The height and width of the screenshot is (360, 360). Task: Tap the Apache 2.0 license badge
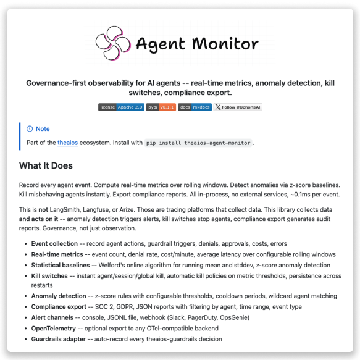[121, 107]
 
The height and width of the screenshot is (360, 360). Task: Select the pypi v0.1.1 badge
[161, 107]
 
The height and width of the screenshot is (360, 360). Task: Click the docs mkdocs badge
[195, 107]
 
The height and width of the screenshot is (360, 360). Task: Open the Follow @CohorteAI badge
[238, 107]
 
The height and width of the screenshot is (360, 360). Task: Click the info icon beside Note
[30, 129]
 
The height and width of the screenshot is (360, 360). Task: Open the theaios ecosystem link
[67, 143]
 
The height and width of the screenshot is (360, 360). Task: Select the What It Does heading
[46, 165]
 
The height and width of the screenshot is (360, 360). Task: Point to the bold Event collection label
[54, 244]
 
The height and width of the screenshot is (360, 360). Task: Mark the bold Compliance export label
[59, 306]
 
